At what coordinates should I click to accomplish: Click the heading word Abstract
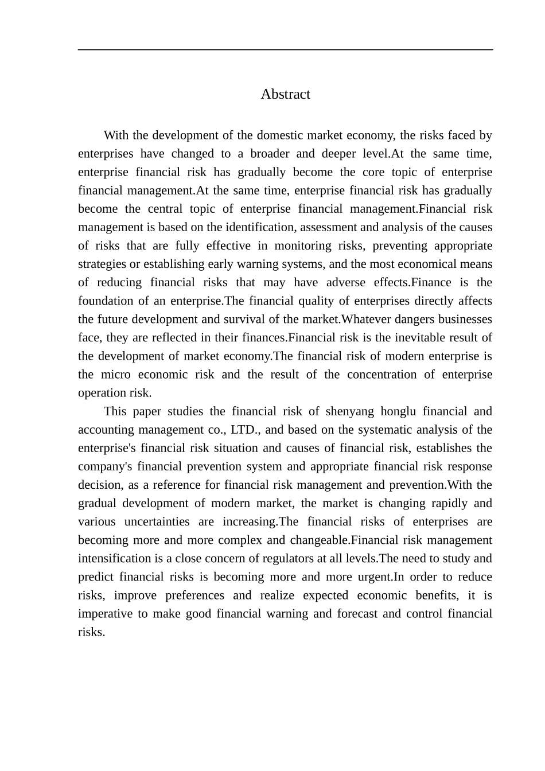285,94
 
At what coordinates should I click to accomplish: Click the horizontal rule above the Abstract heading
285,50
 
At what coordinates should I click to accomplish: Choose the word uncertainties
153,521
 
